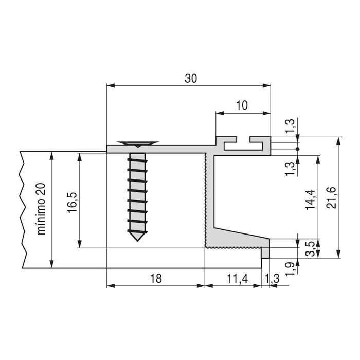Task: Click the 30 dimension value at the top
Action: pyautogui.click(x=191, y=78)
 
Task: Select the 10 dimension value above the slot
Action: pyautogui.click(x=242, y=105)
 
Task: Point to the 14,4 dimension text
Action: pyautogui.click(x=309, y=198)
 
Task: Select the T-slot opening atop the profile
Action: pyautogui.click(x=243, y=139)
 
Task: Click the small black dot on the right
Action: pyautogui.click(x=297, y=149)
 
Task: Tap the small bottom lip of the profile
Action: pyautogui.click(x=266, y=253)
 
